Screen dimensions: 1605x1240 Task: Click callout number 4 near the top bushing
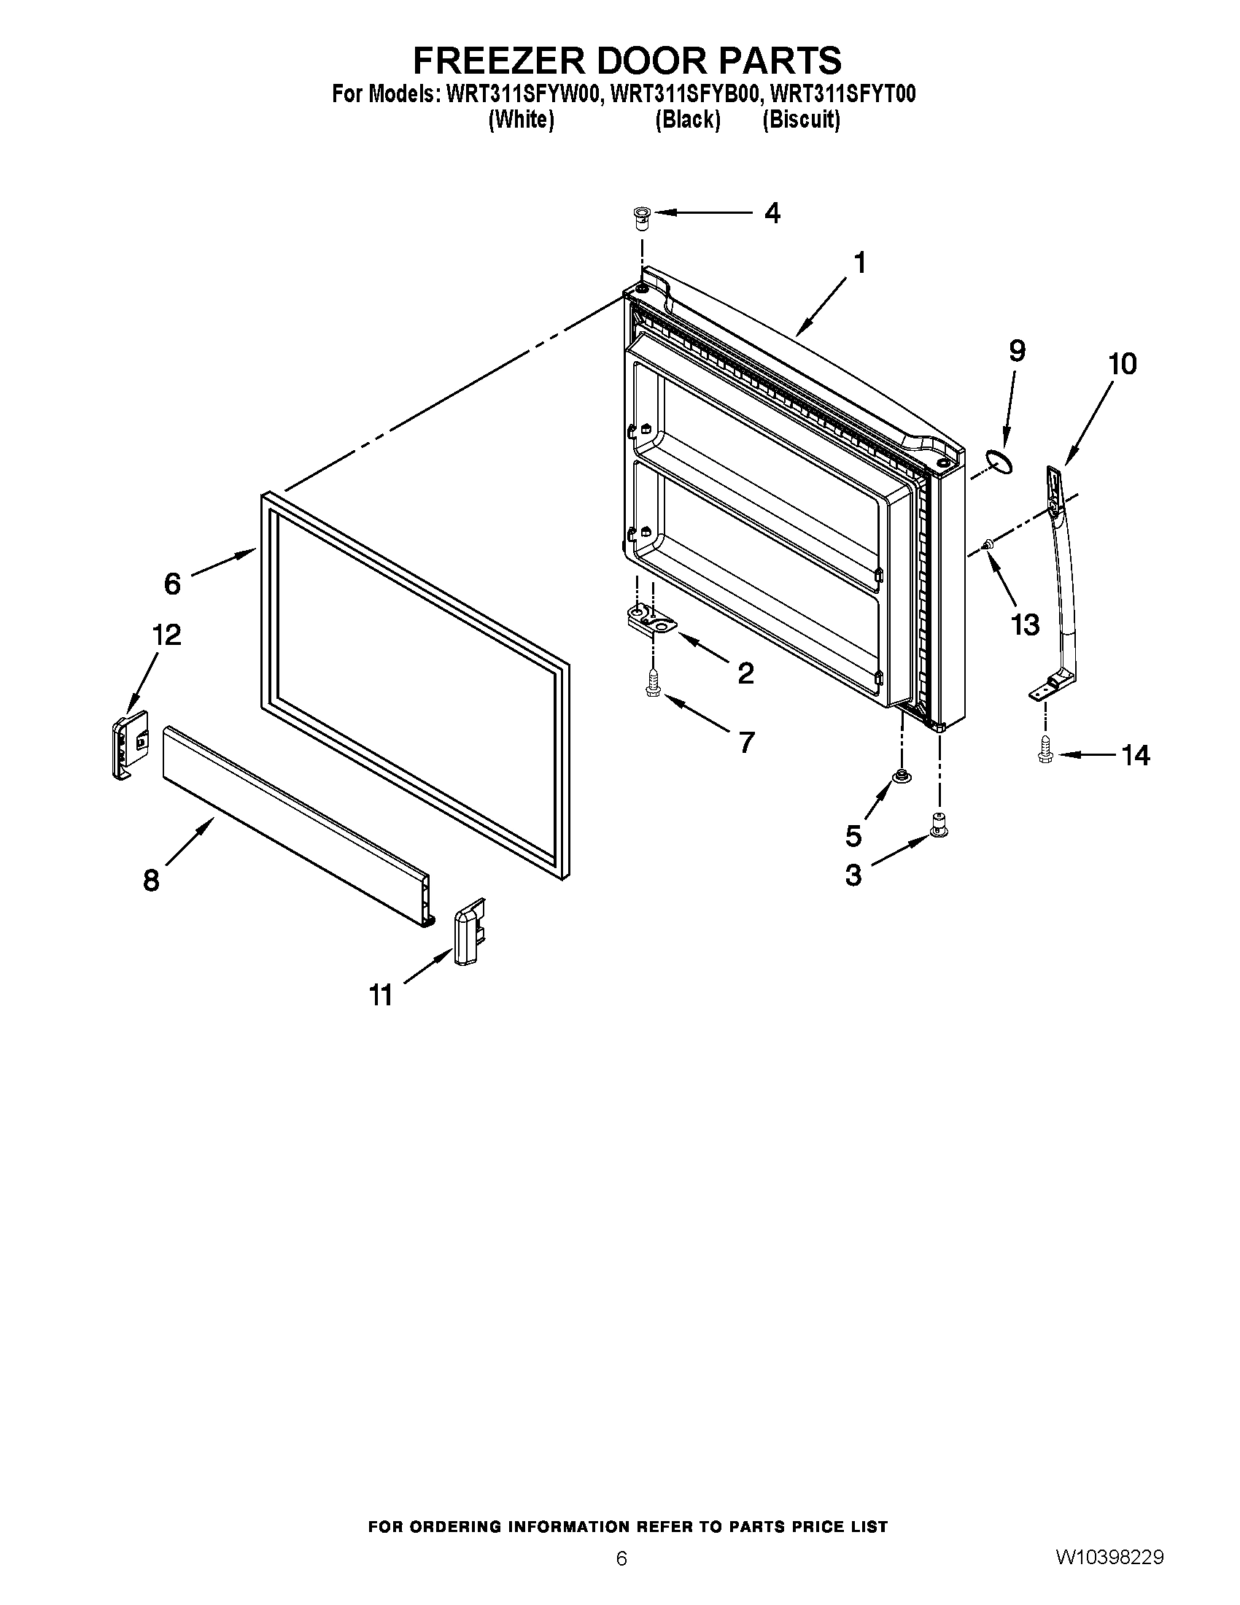(x=771, y=213)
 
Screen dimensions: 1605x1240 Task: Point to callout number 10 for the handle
(x=1122, y=365)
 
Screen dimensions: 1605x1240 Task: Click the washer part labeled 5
(x=899, y=776)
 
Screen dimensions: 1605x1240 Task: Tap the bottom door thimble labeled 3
(x=939, y=824)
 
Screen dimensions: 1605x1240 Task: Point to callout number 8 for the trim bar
(x=151, y=879)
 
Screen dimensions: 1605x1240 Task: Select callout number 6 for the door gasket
(x=172, y=584)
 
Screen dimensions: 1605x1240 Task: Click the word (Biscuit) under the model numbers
(x=801, y=119)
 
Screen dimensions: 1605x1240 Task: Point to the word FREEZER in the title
(x=500, y=61)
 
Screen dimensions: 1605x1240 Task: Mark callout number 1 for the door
(x=859, y=263)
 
